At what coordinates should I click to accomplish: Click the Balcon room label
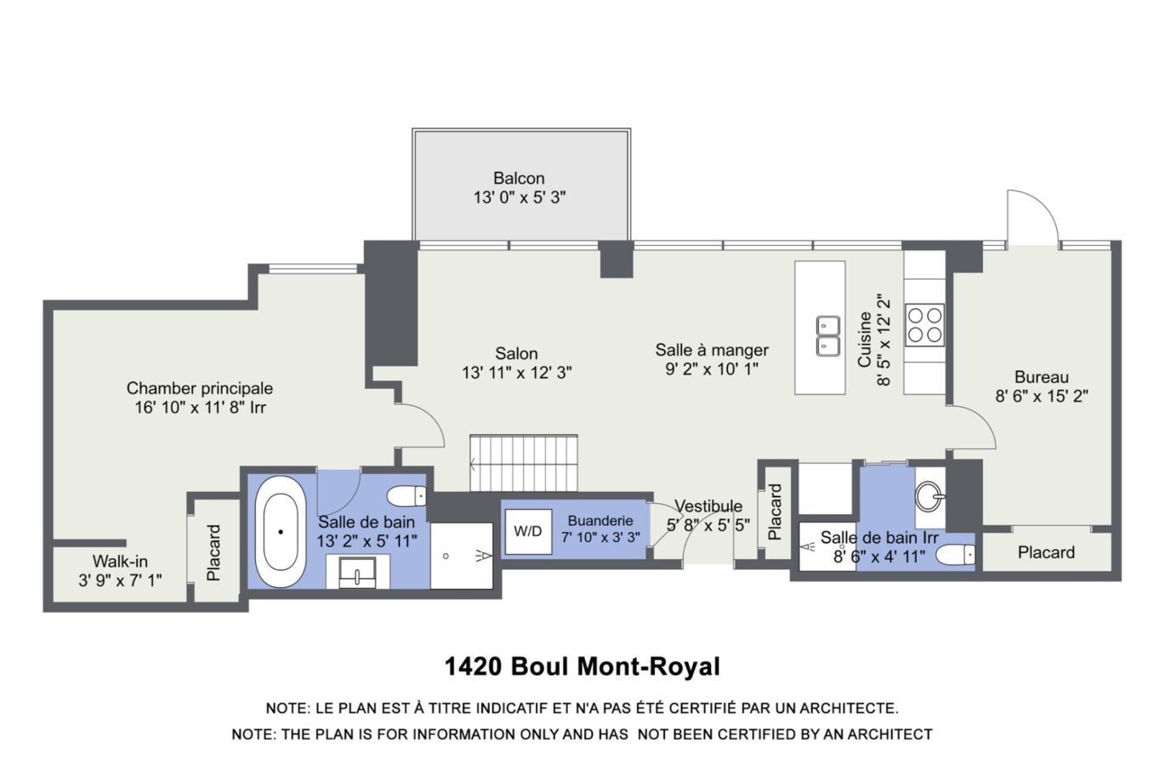(519, 179)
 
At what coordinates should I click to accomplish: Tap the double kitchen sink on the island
(827, 335)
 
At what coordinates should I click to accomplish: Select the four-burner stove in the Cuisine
(924, 325)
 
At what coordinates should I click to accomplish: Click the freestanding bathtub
(281, 531)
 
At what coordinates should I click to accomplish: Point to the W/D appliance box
(528, 531)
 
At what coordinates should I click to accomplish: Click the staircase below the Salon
(523, 463)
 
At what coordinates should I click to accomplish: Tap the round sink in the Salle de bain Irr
(929, 496)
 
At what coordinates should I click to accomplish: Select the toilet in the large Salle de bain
(406, 496)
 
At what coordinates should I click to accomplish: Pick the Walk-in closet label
(120, 562)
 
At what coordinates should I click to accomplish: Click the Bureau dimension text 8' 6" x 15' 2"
(1041, 396)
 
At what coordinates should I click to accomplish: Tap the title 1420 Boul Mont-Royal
(582, 666)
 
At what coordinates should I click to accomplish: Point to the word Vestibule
(708, 506)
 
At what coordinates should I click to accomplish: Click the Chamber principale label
(200, 388)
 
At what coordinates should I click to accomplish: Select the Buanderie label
(600, 521)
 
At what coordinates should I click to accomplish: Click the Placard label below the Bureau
(1046, 552)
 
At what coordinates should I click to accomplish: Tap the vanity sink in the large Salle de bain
(357, 572)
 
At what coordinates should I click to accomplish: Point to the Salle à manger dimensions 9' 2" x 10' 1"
(712, 369)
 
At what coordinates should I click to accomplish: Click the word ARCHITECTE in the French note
(849, 708)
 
